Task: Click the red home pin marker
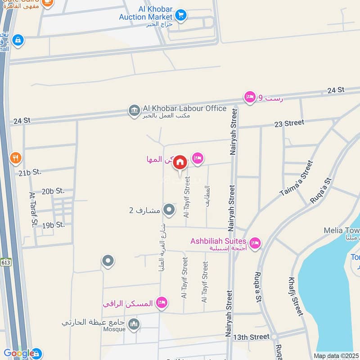(180, 162)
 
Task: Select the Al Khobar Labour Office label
(184, 108)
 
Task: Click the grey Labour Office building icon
(134, 110)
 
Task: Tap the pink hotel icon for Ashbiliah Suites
(255, 243)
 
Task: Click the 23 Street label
(289, 123)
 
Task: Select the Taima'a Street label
(296, 180)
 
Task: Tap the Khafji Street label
(294, 297)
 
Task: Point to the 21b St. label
(30, 172)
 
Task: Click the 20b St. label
(53, 191)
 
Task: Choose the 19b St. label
(54, 224)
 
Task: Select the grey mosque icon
(134, 324)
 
